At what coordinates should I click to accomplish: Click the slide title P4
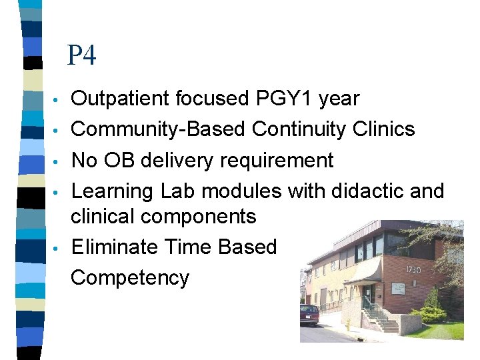click(x=81, y=55)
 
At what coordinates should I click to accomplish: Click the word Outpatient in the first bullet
click(x=121, y=99)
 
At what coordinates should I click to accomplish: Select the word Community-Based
click(x=158, y=129)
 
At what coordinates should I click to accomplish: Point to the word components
click(x=201, y=217)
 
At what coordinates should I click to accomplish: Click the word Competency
click(x=130, y=278)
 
